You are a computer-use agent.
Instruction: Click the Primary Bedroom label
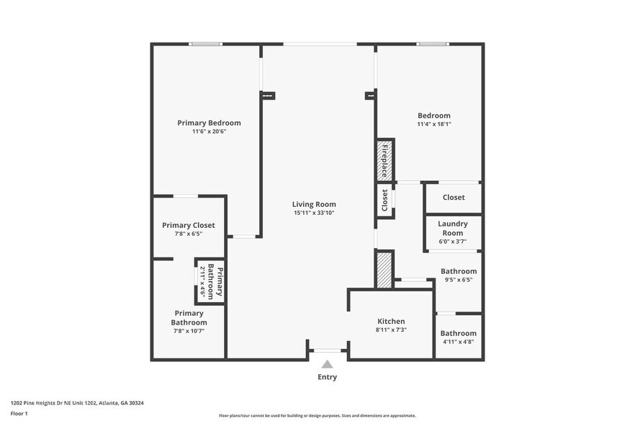tap(209, 123)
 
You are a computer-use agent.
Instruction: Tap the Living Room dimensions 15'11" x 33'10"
tap(314, 213)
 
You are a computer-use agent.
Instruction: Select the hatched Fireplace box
tap(384, 160)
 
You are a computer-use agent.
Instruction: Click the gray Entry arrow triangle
tap(327, 364)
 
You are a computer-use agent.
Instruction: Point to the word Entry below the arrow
tap(327, 377)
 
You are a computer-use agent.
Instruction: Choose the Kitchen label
tap(391, 321)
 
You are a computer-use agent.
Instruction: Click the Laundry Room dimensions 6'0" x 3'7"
tap(453, 242)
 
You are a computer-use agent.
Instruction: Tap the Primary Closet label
tap(189, 225)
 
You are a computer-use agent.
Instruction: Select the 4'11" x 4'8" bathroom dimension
tap(459, 342)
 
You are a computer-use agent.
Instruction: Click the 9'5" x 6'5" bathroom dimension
tap(459, 280)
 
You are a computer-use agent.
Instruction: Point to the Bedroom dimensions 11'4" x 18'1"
tap(434, 124)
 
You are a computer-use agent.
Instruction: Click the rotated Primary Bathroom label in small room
tap(215, 281)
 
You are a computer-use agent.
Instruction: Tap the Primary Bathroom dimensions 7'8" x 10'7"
tap(189, 331)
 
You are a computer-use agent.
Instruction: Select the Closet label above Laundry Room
tap(454, 197)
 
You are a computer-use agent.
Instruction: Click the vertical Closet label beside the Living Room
tap(384, 200)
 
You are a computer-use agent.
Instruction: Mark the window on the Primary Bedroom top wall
tap(206, 44)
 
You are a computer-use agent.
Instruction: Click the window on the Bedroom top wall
tap(433, 44)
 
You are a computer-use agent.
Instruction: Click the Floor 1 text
tap(19, 413)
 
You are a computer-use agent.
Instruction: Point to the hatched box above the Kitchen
tap(384, 270)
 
